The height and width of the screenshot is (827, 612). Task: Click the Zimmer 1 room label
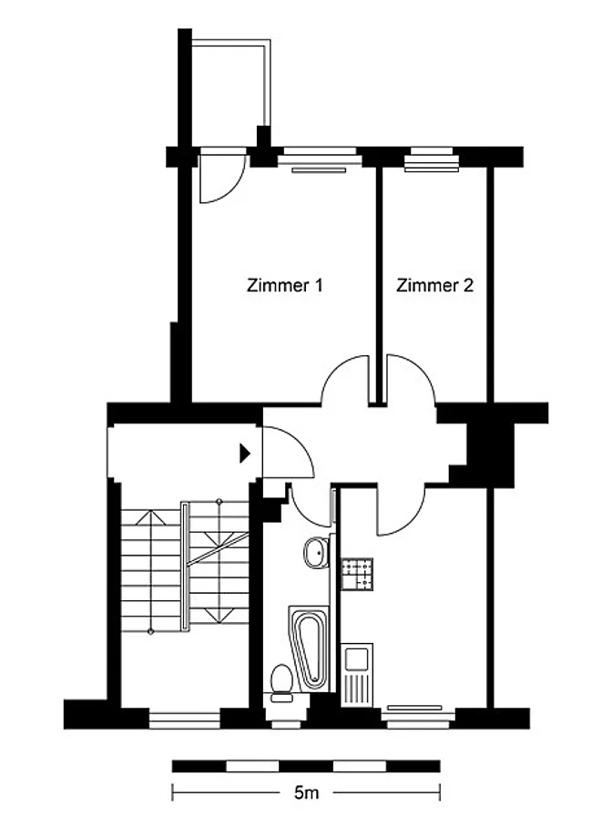click(284, 285)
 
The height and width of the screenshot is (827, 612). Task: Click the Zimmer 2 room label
click(434, 285)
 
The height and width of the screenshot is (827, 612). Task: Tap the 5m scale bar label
click(306, 792)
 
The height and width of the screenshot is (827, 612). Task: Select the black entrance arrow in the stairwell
click(244, 453)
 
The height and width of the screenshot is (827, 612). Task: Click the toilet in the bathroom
click(281, 683)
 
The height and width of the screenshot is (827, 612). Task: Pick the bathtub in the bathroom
click(311, 648)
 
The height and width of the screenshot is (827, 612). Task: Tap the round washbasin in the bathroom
click(316, 552)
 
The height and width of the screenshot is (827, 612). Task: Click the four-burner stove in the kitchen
click(357, 574)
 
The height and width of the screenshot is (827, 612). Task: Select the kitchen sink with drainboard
click(357, 675)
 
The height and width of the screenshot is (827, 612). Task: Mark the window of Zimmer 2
click(432, 158)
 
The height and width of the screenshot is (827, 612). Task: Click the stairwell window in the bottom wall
click(184, 720)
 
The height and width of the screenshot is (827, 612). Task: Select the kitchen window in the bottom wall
click(418, 718)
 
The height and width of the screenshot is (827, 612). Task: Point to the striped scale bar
click(306, 766)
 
